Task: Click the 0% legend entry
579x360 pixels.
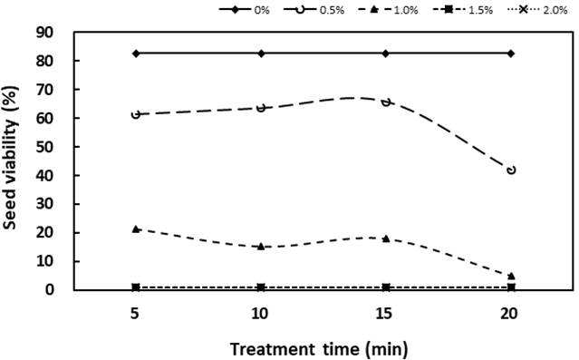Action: pos(244,10)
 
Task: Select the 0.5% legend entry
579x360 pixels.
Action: pos(314,10)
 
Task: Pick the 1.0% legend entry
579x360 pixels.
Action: pos(388,10)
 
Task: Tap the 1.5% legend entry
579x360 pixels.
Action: pos(463,10)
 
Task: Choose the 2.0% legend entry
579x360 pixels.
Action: pos(537,10)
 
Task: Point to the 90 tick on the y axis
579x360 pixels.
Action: pos(44,33)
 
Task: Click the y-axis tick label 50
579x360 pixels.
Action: pos(44,147)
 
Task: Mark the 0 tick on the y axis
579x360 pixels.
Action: pos(50,290)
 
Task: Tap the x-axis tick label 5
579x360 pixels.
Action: pos(135,314)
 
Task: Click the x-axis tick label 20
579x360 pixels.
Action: pos(509,314)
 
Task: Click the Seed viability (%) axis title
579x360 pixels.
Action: pos(11,158)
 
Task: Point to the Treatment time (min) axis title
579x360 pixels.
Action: pos(320,349)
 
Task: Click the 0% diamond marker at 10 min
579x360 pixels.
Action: pos(262,54)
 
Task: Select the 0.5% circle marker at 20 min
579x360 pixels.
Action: pos(511,170)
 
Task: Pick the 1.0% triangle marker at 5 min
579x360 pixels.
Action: pos(136,229)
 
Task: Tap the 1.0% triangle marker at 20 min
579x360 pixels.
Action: pos(511,276)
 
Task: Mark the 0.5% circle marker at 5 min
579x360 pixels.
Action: pos(136,114)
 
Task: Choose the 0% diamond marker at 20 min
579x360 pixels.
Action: pos(511,54)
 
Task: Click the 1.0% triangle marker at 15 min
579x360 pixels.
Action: pos(386,238)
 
